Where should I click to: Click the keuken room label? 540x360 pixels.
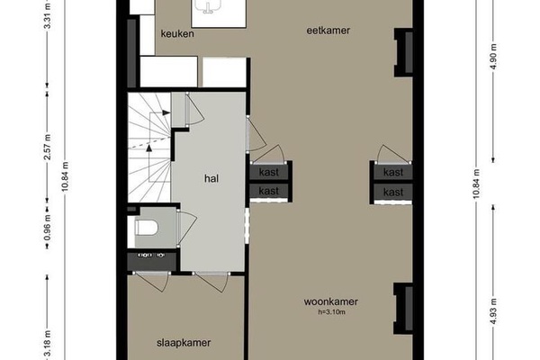coord(177,34)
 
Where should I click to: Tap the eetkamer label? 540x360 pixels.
coord(328,31)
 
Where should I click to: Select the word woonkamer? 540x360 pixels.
coord(331,301)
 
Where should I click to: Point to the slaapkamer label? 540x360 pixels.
coord(184,343)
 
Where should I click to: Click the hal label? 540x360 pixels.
coord(211,178)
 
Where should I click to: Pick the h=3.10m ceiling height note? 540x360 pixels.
coord(331,312)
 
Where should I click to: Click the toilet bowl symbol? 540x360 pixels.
coord(147,228)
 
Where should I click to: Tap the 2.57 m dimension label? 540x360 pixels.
coord(48,147)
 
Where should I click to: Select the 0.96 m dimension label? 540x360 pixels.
coord(48,228)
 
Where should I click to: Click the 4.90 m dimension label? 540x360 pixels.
coord(493,57)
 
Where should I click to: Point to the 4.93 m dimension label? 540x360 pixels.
coord(493,311)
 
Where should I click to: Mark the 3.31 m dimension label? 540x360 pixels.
coord(48,16)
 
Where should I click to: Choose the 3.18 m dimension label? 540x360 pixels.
coord(48,344)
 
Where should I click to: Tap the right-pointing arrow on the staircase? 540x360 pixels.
coord(166,112)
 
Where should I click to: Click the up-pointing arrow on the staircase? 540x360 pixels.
coord(149,148)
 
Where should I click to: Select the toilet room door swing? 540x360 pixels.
coord(186,229)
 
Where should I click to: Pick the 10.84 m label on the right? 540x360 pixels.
coord(476,184)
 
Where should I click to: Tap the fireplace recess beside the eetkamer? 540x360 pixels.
coord(403,53)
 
